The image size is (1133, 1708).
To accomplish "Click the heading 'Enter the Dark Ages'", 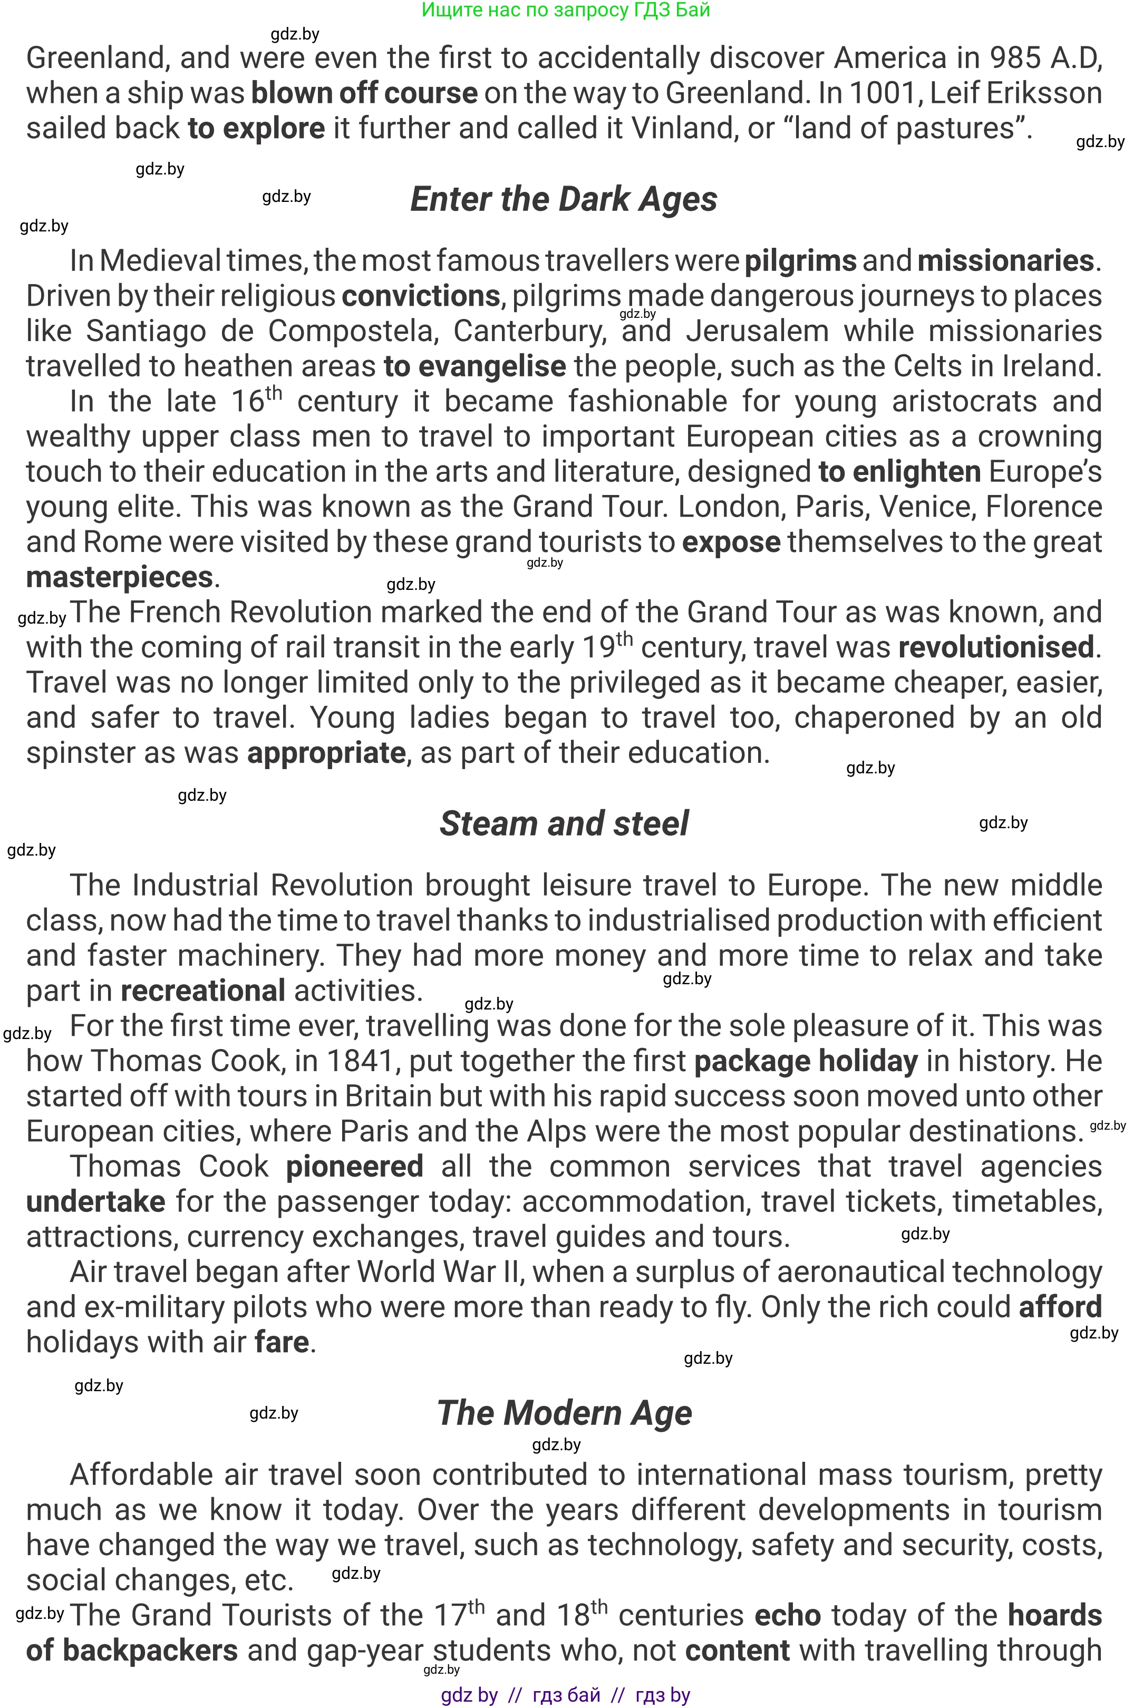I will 564,199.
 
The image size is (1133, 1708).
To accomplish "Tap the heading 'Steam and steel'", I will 564,823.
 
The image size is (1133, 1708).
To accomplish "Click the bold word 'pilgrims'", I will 800,261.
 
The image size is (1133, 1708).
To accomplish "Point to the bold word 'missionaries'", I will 1006,261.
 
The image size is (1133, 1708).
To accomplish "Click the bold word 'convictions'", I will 421,296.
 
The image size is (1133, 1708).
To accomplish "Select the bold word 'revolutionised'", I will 996,647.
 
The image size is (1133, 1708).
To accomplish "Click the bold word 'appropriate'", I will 326,753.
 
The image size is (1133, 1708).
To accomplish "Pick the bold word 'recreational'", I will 202,991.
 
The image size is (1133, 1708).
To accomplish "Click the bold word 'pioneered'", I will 354,1167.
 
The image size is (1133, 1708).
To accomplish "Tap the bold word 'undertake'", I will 96,1201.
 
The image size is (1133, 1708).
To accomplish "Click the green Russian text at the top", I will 566,10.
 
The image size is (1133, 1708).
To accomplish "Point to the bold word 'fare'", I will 282,1342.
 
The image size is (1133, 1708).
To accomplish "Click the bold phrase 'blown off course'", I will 364,93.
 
